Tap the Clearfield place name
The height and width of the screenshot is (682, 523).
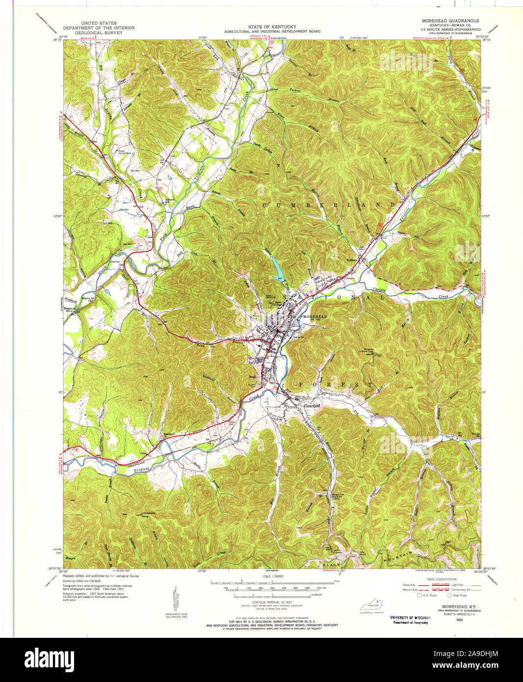pos(312,405)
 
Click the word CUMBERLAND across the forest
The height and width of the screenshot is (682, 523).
pos(329,205)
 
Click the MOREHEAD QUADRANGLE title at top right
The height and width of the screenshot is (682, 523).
pos(450,21)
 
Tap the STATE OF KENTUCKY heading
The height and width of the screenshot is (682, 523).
pos(272,26)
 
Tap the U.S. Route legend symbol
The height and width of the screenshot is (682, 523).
pos(420,596)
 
